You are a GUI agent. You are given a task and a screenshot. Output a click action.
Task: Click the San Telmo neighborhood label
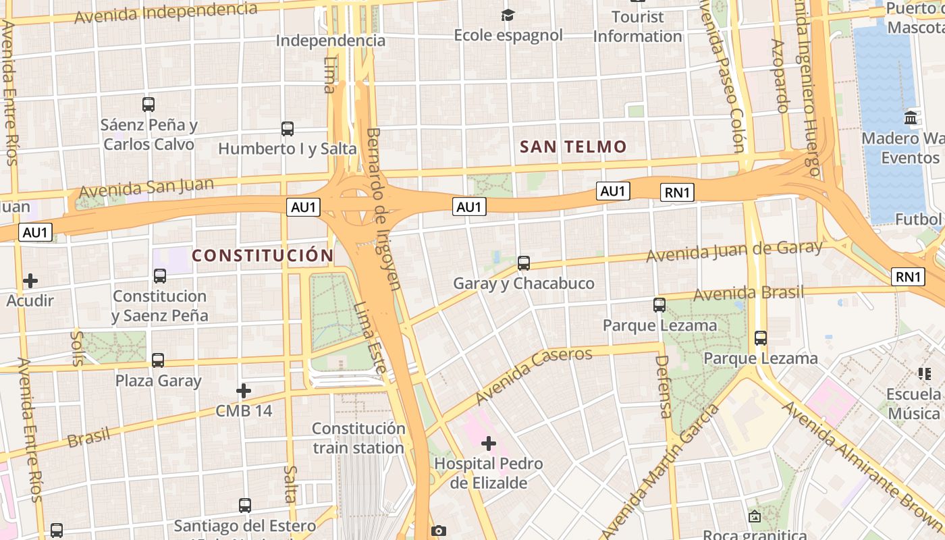pos(573,146)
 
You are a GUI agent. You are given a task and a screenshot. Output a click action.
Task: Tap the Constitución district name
pos(263,255)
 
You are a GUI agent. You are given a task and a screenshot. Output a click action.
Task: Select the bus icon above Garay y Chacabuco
pos(524,263)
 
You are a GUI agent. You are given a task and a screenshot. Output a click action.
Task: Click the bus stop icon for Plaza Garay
pos(158,360)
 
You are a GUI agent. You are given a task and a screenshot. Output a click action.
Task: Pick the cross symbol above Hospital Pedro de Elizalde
pos(489,443)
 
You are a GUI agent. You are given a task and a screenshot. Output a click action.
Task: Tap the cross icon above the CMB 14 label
pos(244,390)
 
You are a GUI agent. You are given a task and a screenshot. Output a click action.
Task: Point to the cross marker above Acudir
pos(30,280)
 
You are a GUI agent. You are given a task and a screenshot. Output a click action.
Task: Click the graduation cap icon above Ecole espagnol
pos(508,15)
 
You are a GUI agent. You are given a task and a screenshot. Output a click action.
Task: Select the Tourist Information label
pos(637,26)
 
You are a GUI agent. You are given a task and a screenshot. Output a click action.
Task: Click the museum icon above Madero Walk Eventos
pos(911,117)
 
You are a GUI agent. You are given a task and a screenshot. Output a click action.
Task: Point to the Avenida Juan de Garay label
pos(734,251)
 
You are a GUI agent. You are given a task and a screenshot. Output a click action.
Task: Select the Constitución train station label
pos(358,438)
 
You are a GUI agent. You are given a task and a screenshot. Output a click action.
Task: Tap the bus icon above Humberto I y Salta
pos(288,128)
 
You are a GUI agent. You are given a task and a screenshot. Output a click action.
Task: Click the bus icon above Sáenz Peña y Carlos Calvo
pos(148,105)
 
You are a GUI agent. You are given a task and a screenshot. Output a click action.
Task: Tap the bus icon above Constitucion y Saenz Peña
pos(160,275)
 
